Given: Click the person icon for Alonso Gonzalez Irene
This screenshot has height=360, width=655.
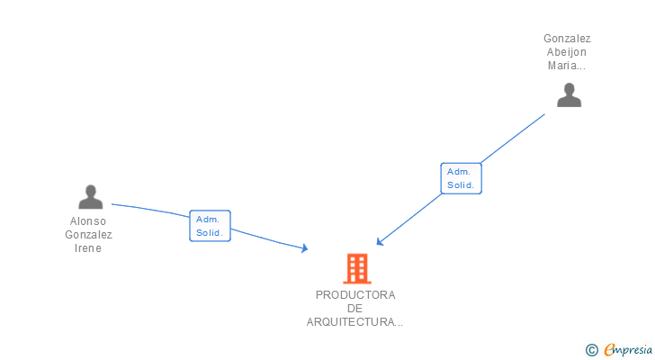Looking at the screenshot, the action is click(x=90, y=196).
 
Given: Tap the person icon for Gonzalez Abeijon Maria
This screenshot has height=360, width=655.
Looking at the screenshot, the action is click(x=569, y=94).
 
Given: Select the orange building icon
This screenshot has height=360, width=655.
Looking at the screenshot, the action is click(x=356, y=268).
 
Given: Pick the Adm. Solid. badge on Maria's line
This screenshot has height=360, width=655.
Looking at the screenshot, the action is click(x=462, y=178).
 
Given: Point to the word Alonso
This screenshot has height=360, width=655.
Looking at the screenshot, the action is click(x=88, y=221).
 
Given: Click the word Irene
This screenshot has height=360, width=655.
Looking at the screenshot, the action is click(x=88, y=248).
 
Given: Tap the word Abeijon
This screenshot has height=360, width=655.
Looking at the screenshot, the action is click(x=567, y=52).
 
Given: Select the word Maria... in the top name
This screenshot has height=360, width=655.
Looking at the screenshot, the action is click(x=567, y=66).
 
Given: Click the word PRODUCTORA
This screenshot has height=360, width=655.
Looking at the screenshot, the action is click(x=355, y=295).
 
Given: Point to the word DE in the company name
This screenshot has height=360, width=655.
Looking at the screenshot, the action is click(x=354, y=309).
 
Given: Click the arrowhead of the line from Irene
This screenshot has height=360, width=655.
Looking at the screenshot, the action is click(x=305, y=248).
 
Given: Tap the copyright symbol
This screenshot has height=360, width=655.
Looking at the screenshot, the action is click(x=591, y=350).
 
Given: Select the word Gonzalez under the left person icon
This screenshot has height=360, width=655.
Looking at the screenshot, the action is click(x=88, y=235).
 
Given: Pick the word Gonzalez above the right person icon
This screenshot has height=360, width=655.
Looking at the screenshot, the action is click(x=567, y=39).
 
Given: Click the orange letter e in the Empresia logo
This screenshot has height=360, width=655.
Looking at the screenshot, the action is click(x=609, y=350).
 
